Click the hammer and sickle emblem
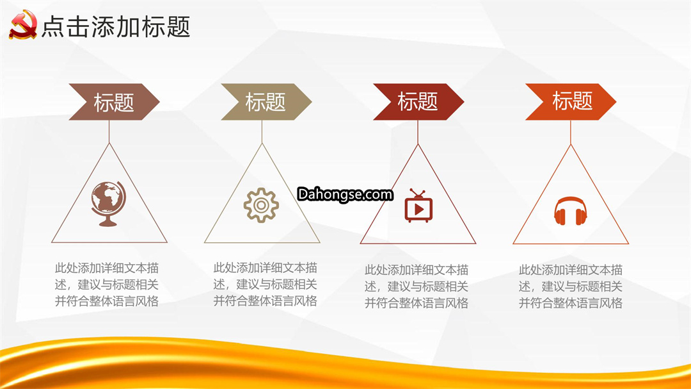pyautogui.click(x=23, y=25)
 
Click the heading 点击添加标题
pyautogui.click(x=116, y=26)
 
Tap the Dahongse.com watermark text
pyautogui.click(x=345, y=194)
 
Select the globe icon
pyautogui.click(x=108, y=204)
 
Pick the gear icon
pyautogui.click(x=261, y=205)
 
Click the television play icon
pyautogui.click(x=418, y=206)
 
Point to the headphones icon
pyautogui.click(x=570, y=211)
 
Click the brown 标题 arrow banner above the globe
pyautogui.click(x=114, y=102)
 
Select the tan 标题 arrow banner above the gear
pyautogui.click(x=266, y=102)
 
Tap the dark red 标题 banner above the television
pyautogui.click(x=418, y=102)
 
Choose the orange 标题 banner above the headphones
pyautogui.click(x=571, y=102)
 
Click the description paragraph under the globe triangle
pyautogui.click(x=107, y=285)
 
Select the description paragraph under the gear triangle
pyautogui.click(x=266, y=285)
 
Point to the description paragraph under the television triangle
pyautogui.click(x=417, y=286)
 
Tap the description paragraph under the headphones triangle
pyautogui.click(x=571, y=286)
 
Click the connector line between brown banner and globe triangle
pyautogui.click(x=109, y=131)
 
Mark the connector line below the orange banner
pyautogui.click(x=571, y=132)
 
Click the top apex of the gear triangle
pyautogui.click(x=262, y=143)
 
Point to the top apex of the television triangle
pyautogui.click(x=418, y=144)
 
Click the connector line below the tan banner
pyautogui.click(x=262, y=131)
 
